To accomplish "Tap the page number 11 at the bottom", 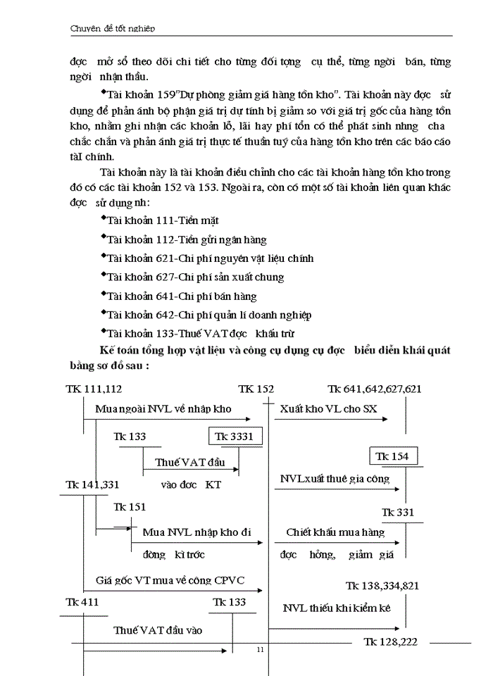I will coord(260,649).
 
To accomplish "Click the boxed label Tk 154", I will coord(392,456).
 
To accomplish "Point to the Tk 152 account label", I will coord(256,389).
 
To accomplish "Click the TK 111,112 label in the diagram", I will coord(94,389).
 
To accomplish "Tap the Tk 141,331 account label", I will coord(93,485).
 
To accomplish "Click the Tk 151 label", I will coord(130,507).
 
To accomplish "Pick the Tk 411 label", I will coord(82,602).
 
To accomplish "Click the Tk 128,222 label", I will coord(391,642).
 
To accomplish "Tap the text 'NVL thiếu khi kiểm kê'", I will coord(337,608).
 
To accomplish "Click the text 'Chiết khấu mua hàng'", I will coord(335,532).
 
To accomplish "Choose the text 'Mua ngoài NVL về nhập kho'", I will coord(163,408).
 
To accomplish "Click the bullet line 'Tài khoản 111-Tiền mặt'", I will coord(161,220).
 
